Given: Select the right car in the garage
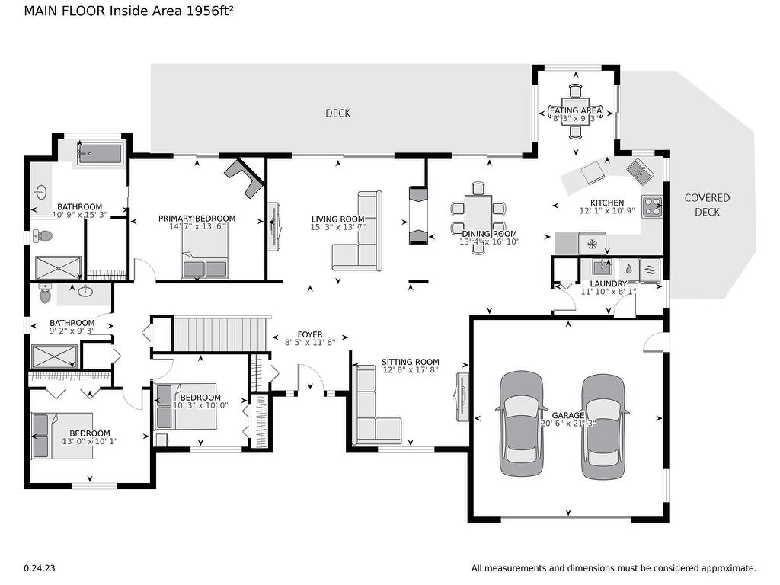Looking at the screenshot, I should pos(603,427).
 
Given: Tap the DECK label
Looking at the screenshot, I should pos(337,113).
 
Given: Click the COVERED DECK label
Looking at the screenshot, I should pos(706,204).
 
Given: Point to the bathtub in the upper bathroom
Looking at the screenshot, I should pos(99,154).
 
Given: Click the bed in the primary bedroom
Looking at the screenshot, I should pos(205,254).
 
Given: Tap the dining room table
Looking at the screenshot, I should pos(478,218).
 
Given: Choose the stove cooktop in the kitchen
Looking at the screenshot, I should pos(651,206).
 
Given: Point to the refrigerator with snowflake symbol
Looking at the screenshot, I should pos(592,245).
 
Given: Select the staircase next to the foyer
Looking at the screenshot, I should pos(222,334).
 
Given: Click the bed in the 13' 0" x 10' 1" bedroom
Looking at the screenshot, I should pos(61,435).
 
